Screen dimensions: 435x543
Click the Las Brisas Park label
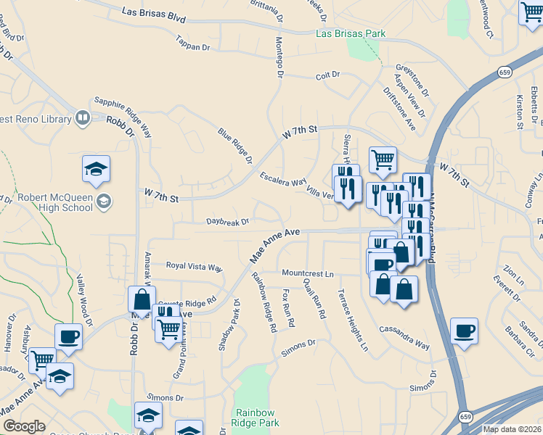click(x=351, y=33)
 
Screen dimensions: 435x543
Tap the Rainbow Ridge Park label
click(x=256, y=417)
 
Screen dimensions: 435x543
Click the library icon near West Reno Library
click(x=83, y=117)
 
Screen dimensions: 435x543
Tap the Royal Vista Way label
click(x=194, y=266)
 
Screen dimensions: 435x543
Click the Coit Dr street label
click(x=328, y=75)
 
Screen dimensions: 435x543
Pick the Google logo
click(x=24, y=426)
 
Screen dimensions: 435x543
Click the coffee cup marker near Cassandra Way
click(x=464, y=331)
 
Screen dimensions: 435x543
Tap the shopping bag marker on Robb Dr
click(x=142, y=299)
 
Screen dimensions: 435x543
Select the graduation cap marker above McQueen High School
click(x=96, y=169)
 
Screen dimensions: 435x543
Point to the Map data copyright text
click(x=512, y=429)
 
